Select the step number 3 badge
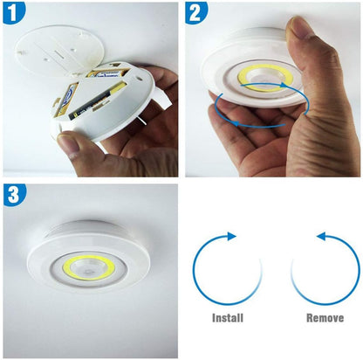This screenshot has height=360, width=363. pos(15,195)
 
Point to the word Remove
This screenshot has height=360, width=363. pos(324,318)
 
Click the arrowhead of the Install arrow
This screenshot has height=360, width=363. pos(231,236)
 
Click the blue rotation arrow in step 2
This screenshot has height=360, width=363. pos(262,122)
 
